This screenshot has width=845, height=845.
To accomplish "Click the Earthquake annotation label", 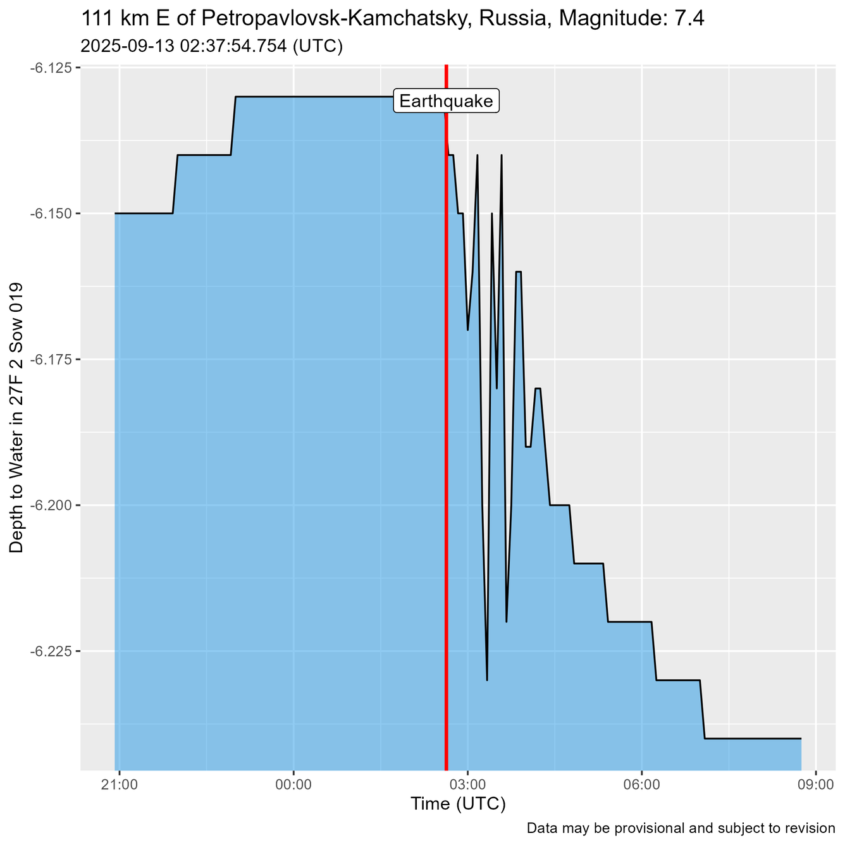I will click(x=447, y=101).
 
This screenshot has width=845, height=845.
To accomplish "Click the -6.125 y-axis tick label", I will click(x=51, y=68).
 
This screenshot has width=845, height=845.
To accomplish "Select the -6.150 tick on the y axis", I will click(x=51, y=214).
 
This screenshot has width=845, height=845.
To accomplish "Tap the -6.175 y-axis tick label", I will click(x=51, y=359).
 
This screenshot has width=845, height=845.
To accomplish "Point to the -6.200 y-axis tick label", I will click(x=51, y=505).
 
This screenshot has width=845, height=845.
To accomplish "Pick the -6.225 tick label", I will click(x=51, y=651).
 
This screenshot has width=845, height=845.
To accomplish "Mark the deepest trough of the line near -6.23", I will click(x=487, y=679).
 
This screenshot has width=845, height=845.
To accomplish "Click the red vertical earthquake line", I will click(x=447, y=443).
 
